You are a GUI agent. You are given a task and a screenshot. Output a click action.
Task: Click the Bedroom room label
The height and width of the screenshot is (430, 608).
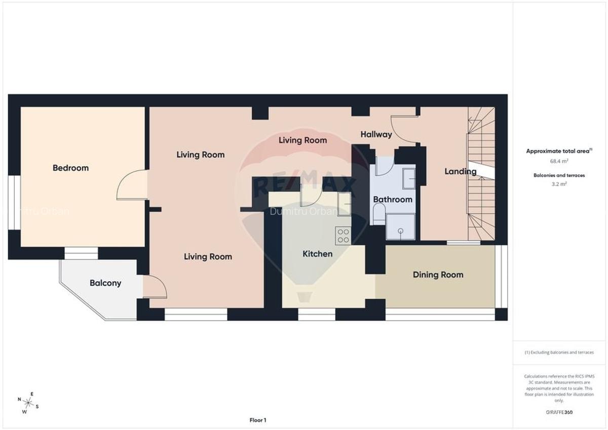pyautogui.click(x=70, y=168)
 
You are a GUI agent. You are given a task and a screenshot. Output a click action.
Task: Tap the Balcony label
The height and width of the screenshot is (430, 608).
pyautogui.click(x=105, y=283)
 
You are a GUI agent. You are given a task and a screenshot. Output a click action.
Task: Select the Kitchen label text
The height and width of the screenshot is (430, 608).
pyautogui.click(x=317, y=254)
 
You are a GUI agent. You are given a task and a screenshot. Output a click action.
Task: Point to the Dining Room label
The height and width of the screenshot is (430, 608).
pyautogui.click(x=438, y=275)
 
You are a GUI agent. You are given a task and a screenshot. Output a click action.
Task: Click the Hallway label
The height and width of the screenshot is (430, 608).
pyautogui.click(x=376, y=134)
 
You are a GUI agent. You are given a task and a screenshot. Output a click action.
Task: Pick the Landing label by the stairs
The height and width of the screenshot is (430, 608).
pyautogui.click(x=460, y=171)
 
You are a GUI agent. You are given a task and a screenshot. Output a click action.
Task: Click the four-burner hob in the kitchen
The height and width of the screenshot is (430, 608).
pyautogui.click(x=343, y=236)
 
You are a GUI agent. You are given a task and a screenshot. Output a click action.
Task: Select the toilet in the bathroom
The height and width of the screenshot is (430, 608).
pyautogui.click(x=378, y=215)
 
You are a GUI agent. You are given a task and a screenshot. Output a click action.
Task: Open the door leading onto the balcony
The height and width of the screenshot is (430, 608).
pyautogui.click(x=155, y=287)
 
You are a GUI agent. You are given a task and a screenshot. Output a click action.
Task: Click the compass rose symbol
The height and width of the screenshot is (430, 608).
pyautogui.click(x=28, y=403)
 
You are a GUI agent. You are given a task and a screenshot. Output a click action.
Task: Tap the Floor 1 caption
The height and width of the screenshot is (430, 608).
pyautogui.click(x=257, y=420)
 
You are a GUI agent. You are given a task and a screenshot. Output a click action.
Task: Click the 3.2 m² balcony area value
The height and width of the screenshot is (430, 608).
pyautogui.click(x=559, y=184)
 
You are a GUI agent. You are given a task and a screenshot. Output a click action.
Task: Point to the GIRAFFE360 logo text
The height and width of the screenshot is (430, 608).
pyautogui.click(x=559, y=412)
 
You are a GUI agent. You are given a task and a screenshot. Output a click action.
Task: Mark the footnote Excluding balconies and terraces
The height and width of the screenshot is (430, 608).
pyautogui.click(x=559, y=352)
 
